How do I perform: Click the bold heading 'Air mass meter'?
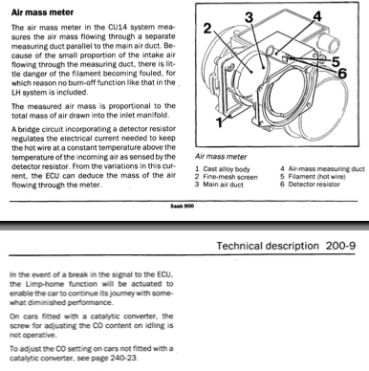pos(42,12)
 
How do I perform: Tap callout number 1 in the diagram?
pos(219,122)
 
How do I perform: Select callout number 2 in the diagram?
pos(207,29)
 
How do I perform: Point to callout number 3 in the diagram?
pos(249,17)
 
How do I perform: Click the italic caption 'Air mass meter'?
pos(221,157)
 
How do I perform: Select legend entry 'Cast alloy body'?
pos(227,169)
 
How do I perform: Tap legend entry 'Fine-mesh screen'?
pos(230,177)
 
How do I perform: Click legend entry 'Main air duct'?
pos(224,185)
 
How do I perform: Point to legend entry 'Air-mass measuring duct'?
pos(326,169)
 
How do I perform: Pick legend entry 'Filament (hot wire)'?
pos(317,177)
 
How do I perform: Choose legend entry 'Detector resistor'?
pos(314,185)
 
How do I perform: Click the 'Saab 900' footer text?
pos(182,207)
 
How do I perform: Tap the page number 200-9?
pos(340,246)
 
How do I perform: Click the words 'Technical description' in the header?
pos(268,246)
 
